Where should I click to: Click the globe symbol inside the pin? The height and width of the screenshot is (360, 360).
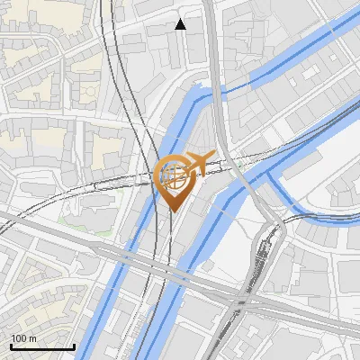[x=173, y=175]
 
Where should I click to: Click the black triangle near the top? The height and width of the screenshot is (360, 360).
[x=181, y=24]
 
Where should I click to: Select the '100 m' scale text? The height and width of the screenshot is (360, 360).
[x=23, y=338]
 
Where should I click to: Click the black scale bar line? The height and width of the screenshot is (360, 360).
[x=42, y=346]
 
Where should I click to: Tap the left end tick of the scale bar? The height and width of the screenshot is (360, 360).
[x=12, y=346]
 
